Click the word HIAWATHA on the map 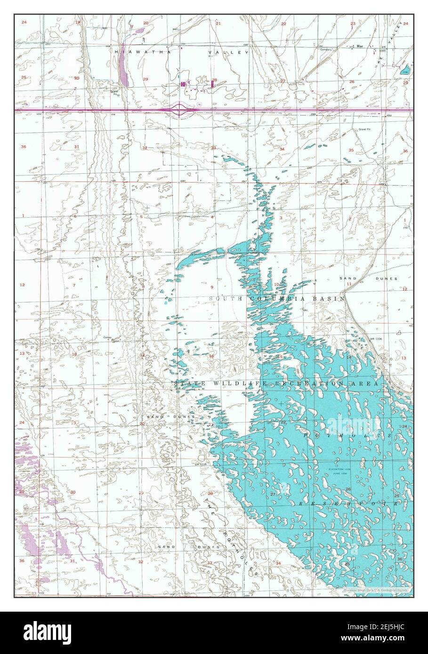[139, 52]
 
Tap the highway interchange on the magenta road [179, 110]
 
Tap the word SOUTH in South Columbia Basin [223, 299]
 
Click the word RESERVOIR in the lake [349, 503]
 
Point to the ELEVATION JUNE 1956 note [341, 472]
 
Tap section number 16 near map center [211, 356]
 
